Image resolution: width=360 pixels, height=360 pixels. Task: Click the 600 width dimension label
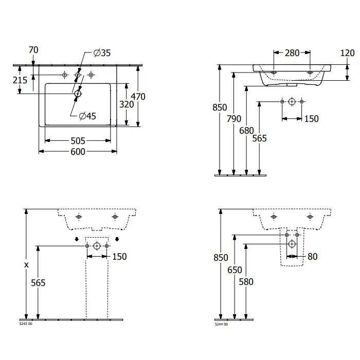coord(78,152)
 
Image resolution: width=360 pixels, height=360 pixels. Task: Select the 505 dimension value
coord(78,141)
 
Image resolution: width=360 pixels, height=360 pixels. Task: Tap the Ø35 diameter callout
coord(102,53)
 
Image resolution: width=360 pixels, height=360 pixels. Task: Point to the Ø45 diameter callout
coord(87,116)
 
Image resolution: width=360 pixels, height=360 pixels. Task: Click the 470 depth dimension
coord(138,97)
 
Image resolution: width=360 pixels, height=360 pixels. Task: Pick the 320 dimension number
coord(127,104)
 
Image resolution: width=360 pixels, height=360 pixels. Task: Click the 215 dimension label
coord(20,80)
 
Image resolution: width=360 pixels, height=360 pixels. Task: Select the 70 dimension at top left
coord(33,50)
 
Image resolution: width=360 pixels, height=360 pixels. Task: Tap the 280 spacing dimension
coord(292,53)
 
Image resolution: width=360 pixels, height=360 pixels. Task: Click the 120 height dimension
coord(347,53)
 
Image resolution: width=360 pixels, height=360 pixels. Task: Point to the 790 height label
coord(234,119)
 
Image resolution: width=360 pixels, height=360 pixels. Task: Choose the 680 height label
coord(246,131)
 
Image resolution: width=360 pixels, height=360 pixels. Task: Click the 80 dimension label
coord(313,257)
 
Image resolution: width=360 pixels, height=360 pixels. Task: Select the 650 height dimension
coord(235,270)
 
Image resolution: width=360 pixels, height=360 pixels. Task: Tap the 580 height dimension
coord(246,282)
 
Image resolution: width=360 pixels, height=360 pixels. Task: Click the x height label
coord(26,265)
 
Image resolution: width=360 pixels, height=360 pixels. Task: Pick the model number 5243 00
coord(26,324)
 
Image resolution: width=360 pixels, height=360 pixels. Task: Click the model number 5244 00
coord(221,325)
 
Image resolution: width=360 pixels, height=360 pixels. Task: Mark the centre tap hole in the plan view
coord(78,75)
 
